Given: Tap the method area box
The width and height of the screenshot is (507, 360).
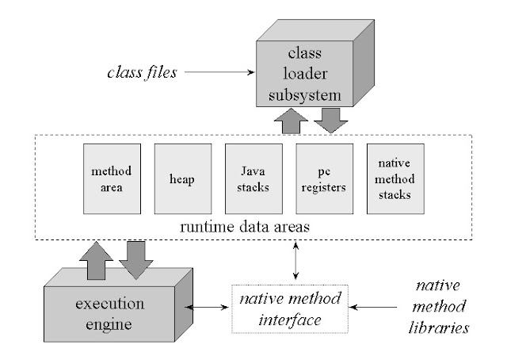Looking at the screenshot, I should [111, 178].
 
